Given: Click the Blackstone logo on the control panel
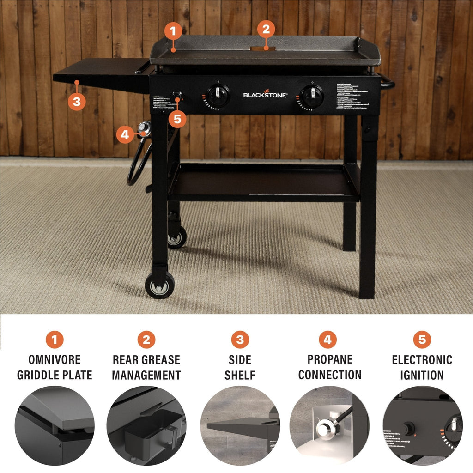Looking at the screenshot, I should (265, 95).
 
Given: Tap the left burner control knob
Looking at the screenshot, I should (217, 96).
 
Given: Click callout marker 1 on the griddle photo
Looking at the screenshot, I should (173, 32).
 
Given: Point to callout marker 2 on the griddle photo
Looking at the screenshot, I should (266, 30).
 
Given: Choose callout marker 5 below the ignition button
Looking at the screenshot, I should (178, 119).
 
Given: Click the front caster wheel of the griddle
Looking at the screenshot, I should (160, 285).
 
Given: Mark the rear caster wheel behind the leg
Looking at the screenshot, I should (177, 237).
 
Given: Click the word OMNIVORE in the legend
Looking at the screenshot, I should (55, 360).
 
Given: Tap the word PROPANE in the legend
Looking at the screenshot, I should (330, 359).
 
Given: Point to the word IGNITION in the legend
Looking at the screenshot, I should (422, 375).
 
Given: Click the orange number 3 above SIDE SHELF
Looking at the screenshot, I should (240, 340).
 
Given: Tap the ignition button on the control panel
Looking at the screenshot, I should (177, 96).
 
